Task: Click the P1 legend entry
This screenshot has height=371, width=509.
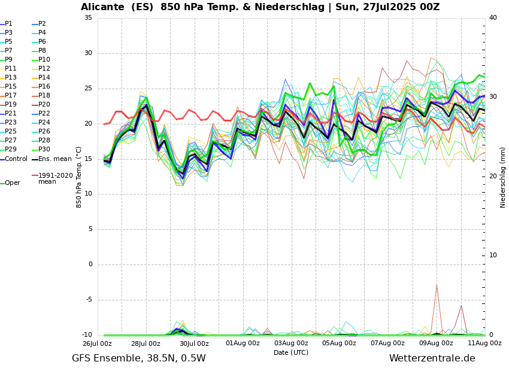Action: (x=8, y=24)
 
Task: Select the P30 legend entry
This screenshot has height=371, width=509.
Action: (x=44, y=150)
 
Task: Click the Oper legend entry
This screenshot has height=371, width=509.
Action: (x=13, y=183)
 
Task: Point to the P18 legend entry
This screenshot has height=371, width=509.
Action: (x=44, y=96)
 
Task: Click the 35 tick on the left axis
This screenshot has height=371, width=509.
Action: (x=88, y=18)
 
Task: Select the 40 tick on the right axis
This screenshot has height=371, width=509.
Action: (x=493, y=18)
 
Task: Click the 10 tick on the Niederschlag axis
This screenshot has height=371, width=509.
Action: (x=493, y=256)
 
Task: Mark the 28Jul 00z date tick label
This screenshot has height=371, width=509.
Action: (x=146, y=343)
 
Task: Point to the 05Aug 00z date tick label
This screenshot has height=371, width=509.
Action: (x=339, y=343)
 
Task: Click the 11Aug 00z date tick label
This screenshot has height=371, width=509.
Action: (x=484, y=343)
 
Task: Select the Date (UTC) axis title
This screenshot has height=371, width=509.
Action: (x=291, y=353)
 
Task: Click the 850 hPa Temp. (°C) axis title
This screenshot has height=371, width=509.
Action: (x=79, y=177)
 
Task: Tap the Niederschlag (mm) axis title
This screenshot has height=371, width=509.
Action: (x=503, y=177)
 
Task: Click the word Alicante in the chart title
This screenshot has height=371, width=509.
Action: (x=104, y=7)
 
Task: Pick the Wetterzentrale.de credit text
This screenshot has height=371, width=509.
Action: (x=432, y=358)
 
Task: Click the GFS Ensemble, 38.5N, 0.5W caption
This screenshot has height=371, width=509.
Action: (x=138, y=358)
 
